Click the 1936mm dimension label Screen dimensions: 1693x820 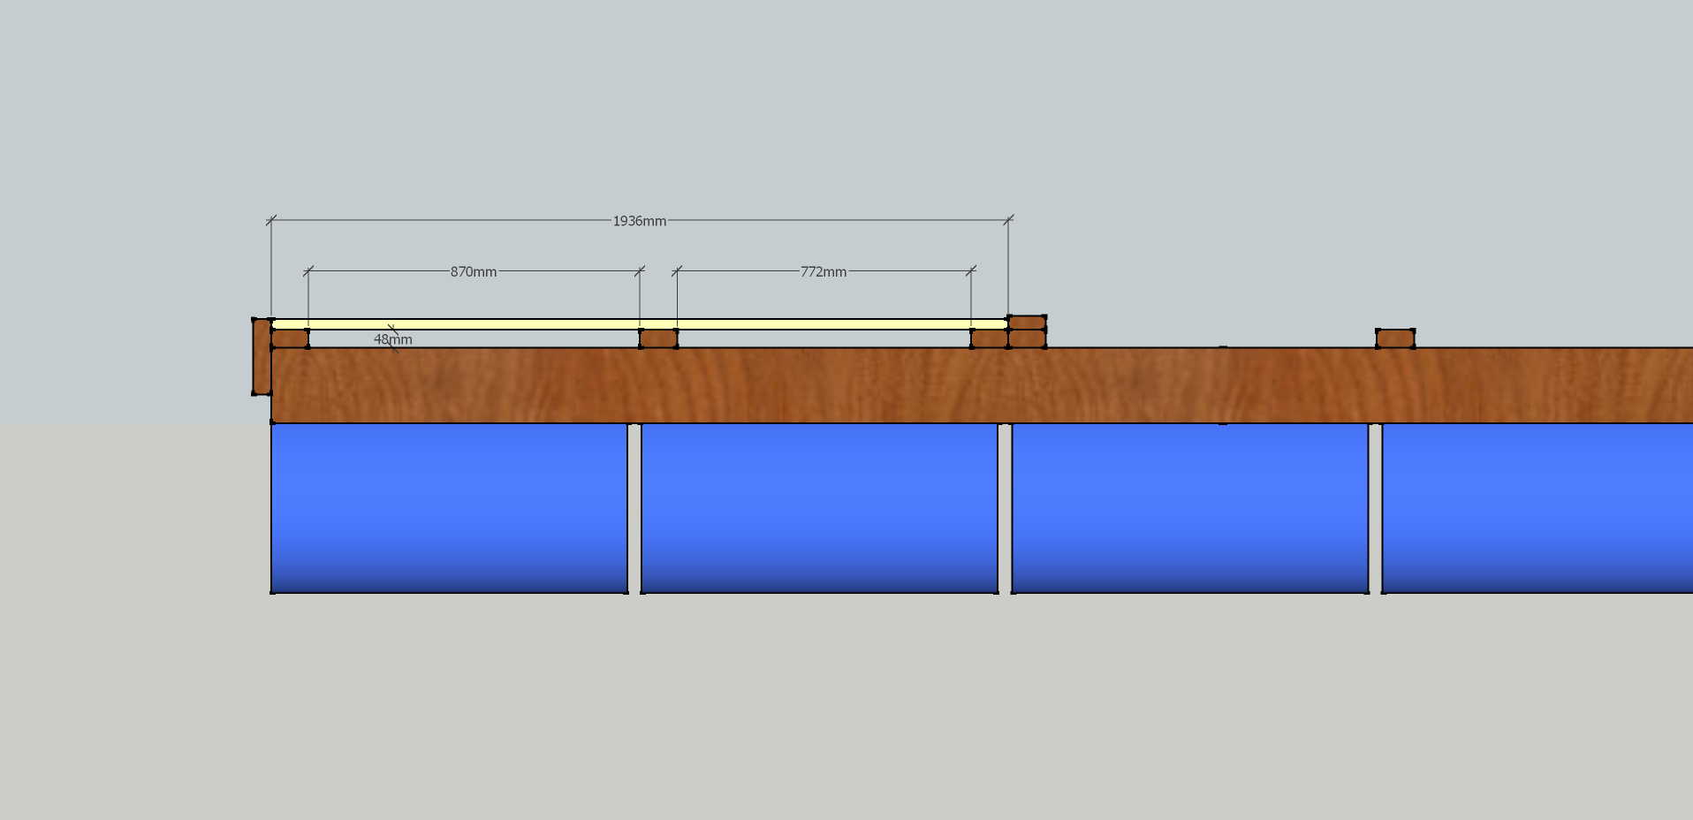click(x=640, y=221)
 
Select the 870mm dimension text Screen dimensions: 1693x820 click(x=474, y=272)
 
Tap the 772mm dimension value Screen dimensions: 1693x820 click(x=824, y=272)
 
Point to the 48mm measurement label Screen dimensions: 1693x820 click(x=393, y=339)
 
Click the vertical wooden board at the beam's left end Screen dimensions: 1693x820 click(x=262, y=357)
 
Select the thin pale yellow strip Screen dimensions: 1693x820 click(x=640, y=324)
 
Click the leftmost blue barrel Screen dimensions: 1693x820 click(x=449, y=508)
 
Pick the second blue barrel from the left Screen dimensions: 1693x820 click(x=819, y=508)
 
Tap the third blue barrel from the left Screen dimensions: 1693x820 click(x=1189, y=508)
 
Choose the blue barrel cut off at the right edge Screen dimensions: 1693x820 click(x=1537, y=508)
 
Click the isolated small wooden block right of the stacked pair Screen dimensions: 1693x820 click(x=1395, y=338)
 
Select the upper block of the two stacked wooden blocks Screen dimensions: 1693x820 click(x=1027, y=323)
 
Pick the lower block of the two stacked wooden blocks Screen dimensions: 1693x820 click(x=1027, y=338)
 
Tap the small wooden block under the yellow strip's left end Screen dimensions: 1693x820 click(x=290, y=338)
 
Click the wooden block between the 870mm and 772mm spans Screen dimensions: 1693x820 click(x=658, y=338)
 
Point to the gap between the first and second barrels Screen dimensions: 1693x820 click(x=634, y=508)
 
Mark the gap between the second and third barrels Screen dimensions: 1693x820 click(x=1005, y=508)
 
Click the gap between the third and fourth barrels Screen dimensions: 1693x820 click(x=1375, y=508)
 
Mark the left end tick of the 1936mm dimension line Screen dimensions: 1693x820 click(x=271, y=220)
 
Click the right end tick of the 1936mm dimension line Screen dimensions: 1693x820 click(x=1008, y=220)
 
